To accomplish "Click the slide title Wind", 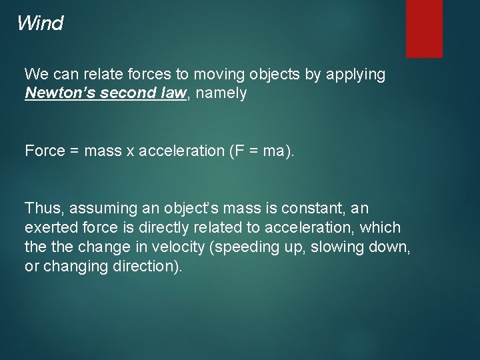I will tap(40, 24).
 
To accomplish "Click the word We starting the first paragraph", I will tap(35, 75).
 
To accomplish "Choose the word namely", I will tap(223, 94).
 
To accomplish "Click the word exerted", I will tap(47, 227).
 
